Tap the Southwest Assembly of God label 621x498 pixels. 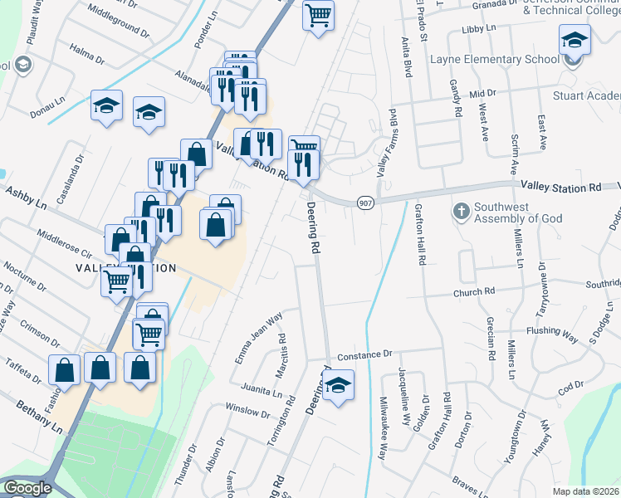click(x=518, y=212)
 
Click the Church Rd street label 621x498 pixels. click(x=473, y=292)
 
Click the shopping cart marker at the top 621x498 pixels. click(x=319, y=16)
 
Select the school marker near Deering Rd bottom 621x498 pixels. click(x=337, y=385)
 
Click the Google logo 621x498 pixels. click(x=27, y=488)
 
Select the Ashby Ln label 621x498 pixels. click(x=25, y=202)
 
